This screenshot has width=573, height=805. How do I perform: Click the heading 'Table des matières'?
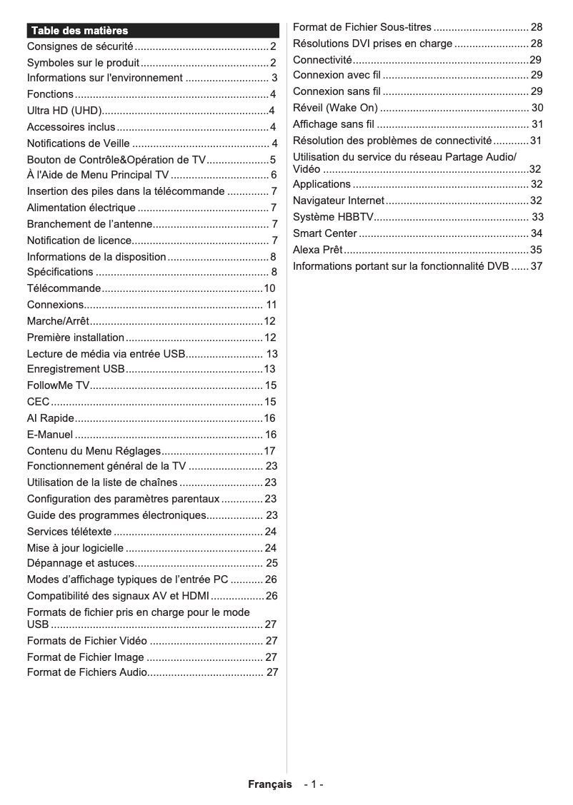pos(79,31)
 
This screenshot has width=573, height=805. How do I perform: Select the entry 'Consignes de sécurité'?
pos(80,47)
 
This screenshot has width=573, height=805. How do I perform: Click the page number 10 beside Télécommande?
pos(269,288)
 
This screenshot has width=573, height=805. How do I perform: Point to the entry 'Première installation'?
pos(76,338)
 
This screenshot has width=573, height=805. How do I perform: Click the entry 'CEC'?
pos(39,402)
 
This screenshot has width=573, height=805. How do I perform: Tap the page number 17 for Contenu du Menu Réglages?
pos(269,451)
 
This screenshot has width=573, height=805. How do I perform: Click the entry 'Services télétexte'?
pos(69,532)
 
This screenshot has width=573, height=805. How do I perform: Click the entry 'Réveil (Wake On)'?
pos(335,108)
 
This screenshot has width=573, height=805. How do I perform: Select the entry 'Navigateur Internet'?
pos(339,201)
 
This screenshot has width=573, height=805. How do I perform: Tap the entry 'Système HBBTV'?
pos(333,217)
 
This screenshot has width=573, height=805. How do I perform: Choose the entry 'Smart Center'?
pos(325,233)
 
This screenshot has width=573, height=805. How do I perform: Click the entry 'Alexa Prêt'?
pos(318,250)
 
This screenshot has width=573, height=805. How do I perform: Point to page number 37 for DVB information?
pos(537,266)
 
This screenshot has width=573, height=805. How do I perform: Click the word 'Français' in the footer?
pos(270,784)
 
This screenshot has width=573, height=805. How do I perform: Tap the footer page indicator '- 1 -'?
pos(314,784)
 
